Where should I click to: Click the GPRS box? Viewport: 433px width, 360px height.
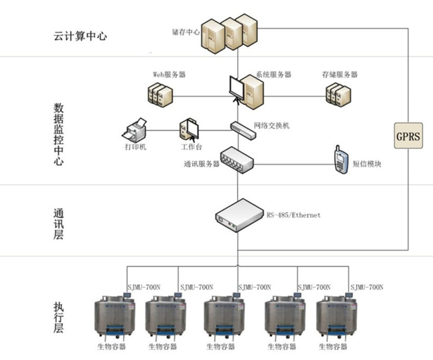click(407, 137)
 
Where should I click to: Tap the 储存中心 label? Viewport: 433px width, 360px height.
click(186, 32)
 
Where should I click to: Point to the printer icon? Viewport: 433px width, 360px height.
click(135, 127)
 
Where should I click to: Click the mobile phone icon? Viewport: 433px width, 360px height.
click(341, 156)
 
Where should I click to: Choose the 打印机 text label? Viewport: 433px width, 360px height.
click(134, 147)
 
